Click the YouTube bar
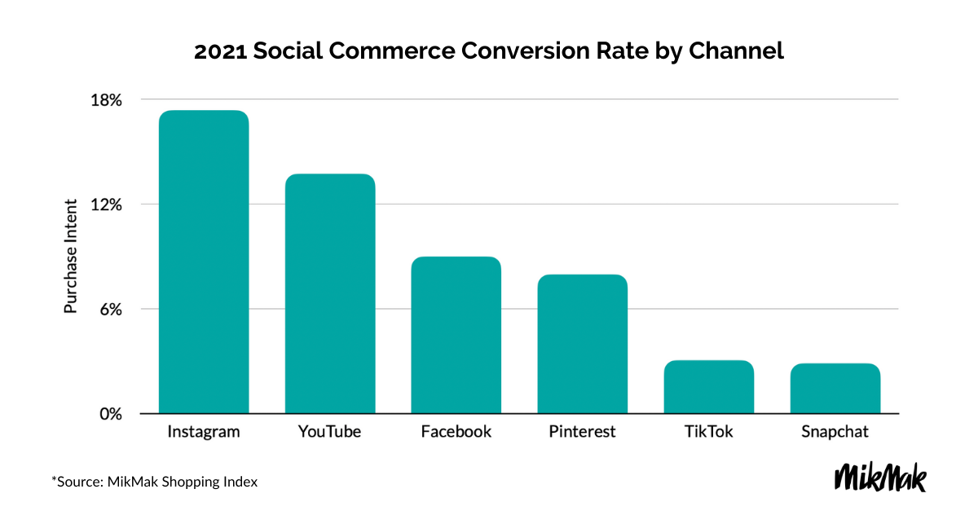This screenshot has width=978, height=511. [330, 294]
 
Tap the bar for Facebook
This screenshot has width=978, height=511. [456, 335]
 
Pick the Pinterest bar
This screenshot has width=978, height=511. [582, 344]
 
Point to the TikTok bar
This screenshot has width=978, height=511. [708, 387]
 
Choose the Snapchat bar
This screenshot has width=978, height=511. [835, 389]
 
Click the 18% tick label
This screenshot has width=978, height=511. [106, 100]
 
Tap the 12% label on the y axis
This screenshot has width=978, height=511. [106, 205]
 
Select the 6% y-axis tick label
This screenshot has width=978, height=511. [109, 310]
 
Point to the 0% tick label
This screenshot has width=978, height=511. [109, 414]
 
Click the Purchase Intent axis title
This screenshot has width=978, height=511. [71, 256]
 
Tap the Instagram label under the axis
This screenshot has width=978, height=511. [204, 432]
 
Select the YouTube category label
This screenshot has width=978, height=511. [330, 432]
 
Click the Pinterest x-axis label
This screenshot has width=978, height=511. [582, 432]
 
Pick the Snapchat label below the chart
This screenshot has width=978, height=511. [835, 432]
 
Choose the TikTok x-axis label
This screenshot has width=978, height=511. [708, 432]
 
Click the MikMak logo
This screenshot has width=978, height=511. [881, 478]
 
